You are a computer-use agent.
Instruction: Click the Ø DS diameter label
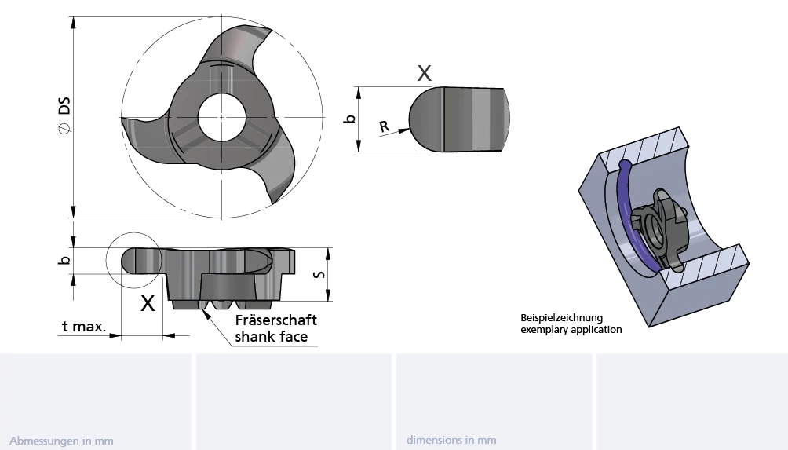[x=64, y=115]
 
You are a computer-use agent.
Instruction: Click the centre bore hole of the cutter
[x=221, y=117]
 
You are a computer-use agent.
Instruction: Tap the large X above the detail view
[x=424, y=74]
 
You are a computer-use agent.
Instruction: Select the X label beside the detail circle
[x=148, y=303]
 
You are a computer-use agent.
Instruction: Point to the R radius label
[x=384, y=126]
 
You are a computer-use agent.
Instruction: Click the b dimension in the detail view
[x=349, y=119]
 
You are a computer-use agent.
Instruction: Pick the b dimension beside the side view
[x=64, y=260]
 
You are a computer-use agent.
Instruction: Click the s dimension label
[x=319, y=275]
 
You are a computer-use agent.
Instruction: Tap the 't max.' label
[x=84, y=327]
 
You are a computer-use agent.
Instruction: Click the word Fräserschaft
[x=276, y=320]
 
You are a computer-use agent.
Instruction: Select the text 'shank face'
[x=272, y=336]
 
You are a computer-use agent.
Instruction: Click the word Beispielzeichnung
[x=561, y=318]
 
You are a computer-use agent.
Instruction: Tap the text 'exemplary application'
[x=571, y=330]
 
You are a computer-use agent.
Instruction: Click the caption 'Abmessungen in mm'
[x=61, y=441]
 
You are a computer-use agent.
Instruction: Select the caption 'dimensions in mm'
[x=451, y=440]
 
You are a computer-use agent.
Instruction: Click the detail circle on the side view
[x=106, y=261]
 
